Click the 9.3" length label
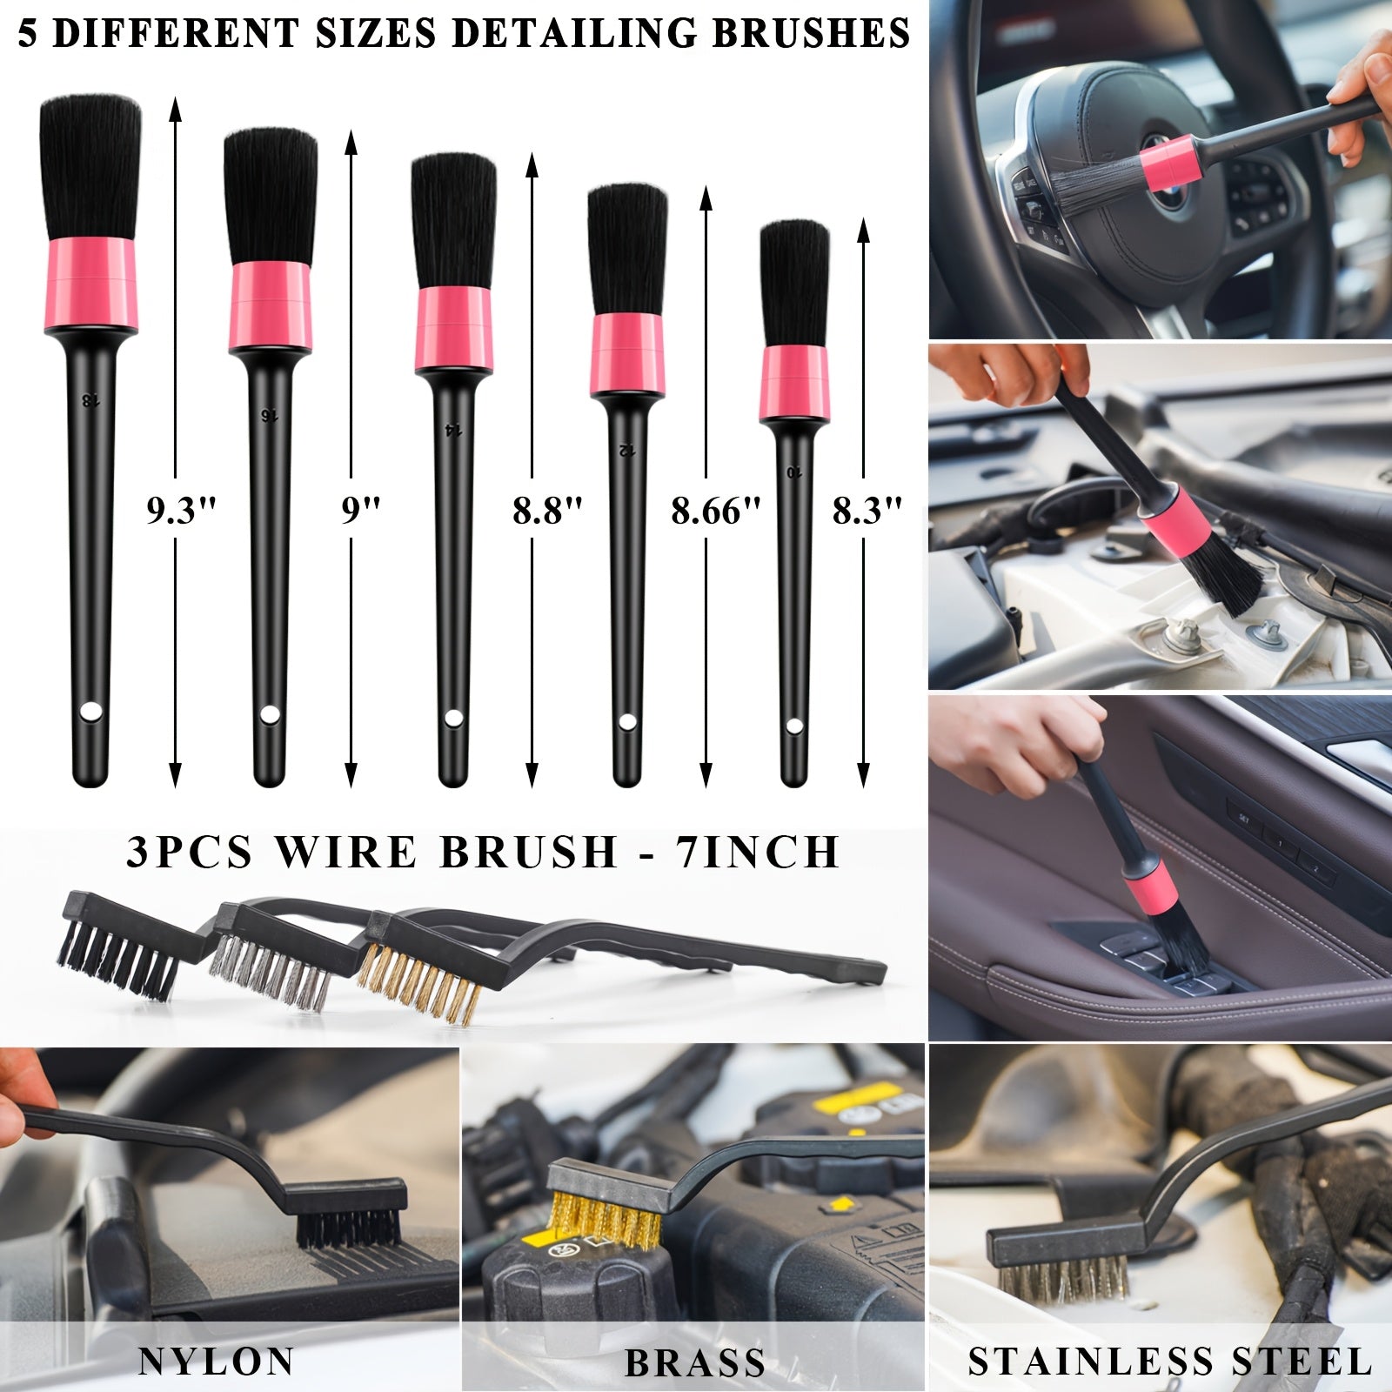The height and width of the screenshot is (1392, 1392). [180, 511]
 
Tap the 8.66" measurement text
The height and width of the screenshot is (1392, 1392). [715, 511]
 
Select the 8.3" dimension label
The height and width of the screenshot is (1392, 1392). [867, 511]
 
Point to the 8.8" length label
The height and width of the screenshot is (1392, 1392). [546, 511]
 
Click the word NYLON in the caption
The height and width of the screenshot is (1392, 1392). [216, 1361]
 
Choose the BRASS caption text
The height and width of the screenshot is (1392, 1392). [694, 1362]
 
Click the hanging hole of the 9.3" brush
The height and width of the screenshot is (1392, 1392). [90, 713]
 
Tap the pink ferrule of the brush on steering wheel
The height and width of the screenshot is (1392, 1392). [1170, 163]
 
